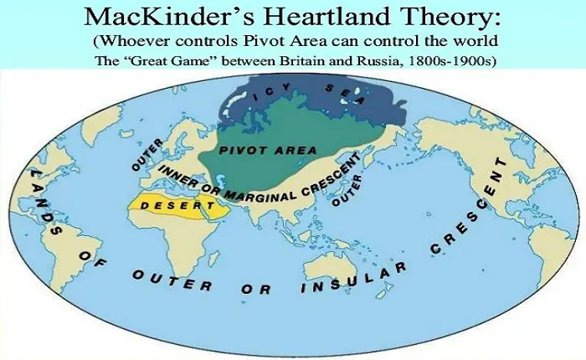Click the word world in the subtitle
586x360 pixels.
click(475, 42)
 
